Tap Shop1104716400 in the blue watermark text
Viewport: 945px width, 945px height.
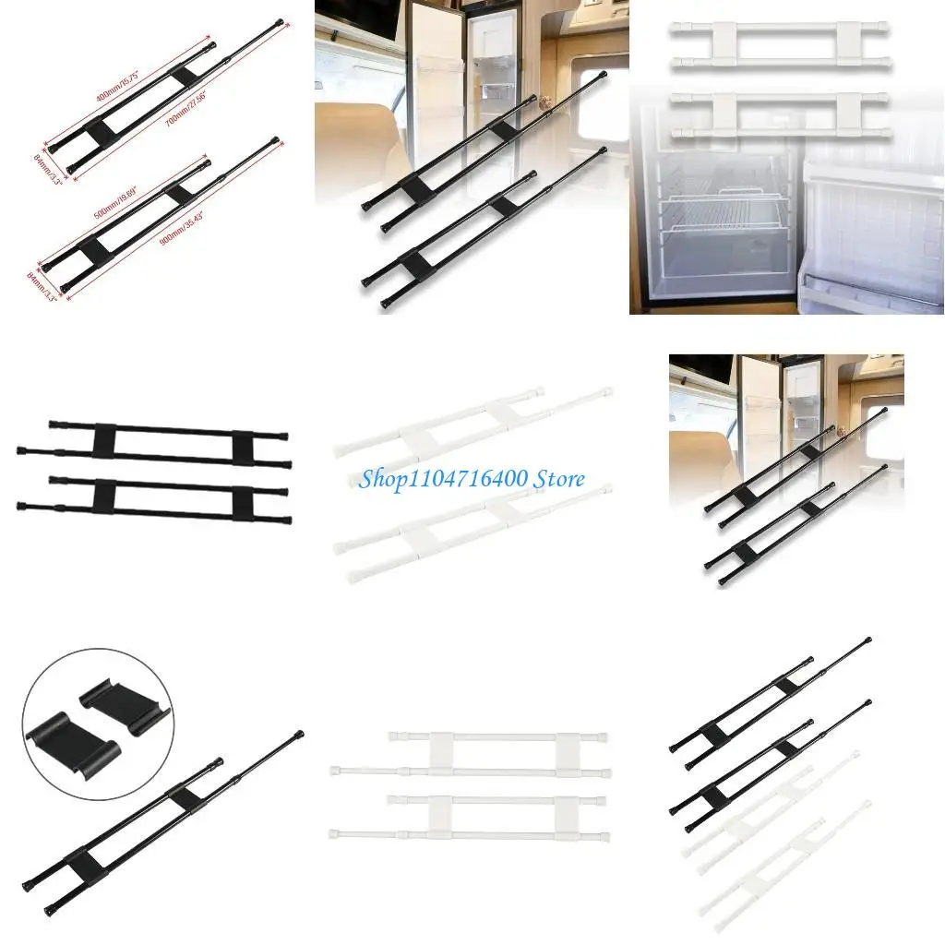tap(442, 479)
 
